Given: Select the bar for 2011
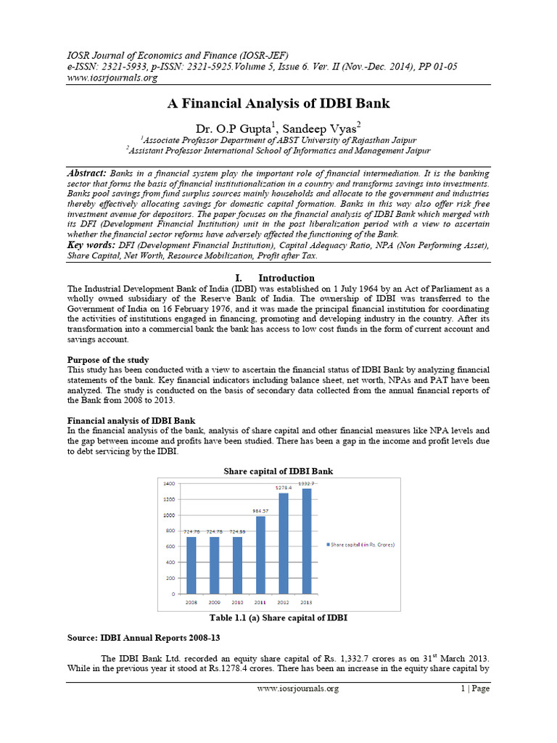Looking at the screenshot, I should click(x=260, y=555).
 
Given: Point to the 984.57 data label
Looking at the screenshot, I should click(x=260, y=511).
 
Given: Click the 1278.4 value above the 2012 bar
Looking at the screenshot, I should click(x=284, y=487).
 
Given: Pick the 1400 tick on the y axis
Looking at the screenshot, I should click(x=168, y=483).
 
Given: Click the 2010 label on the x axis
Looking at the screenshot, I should click(x=237, y=602).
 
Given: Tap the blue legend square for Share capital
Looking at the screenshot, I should click(x=328, y=543).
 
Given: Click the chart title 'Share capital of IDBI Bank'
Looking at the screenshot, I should click(x=278, y=471).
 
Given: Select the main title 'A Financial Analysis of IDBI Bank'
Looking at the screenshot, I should click(x=278, y=104).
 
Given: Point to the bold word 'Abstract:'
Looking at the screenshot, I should click(x=87, y=173).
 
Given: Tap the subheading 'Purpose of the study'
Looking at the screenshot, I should click(x=108, y=360).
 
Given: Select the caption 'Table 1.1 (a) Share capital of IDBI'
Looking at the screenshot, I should click(x=278, y=617).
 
